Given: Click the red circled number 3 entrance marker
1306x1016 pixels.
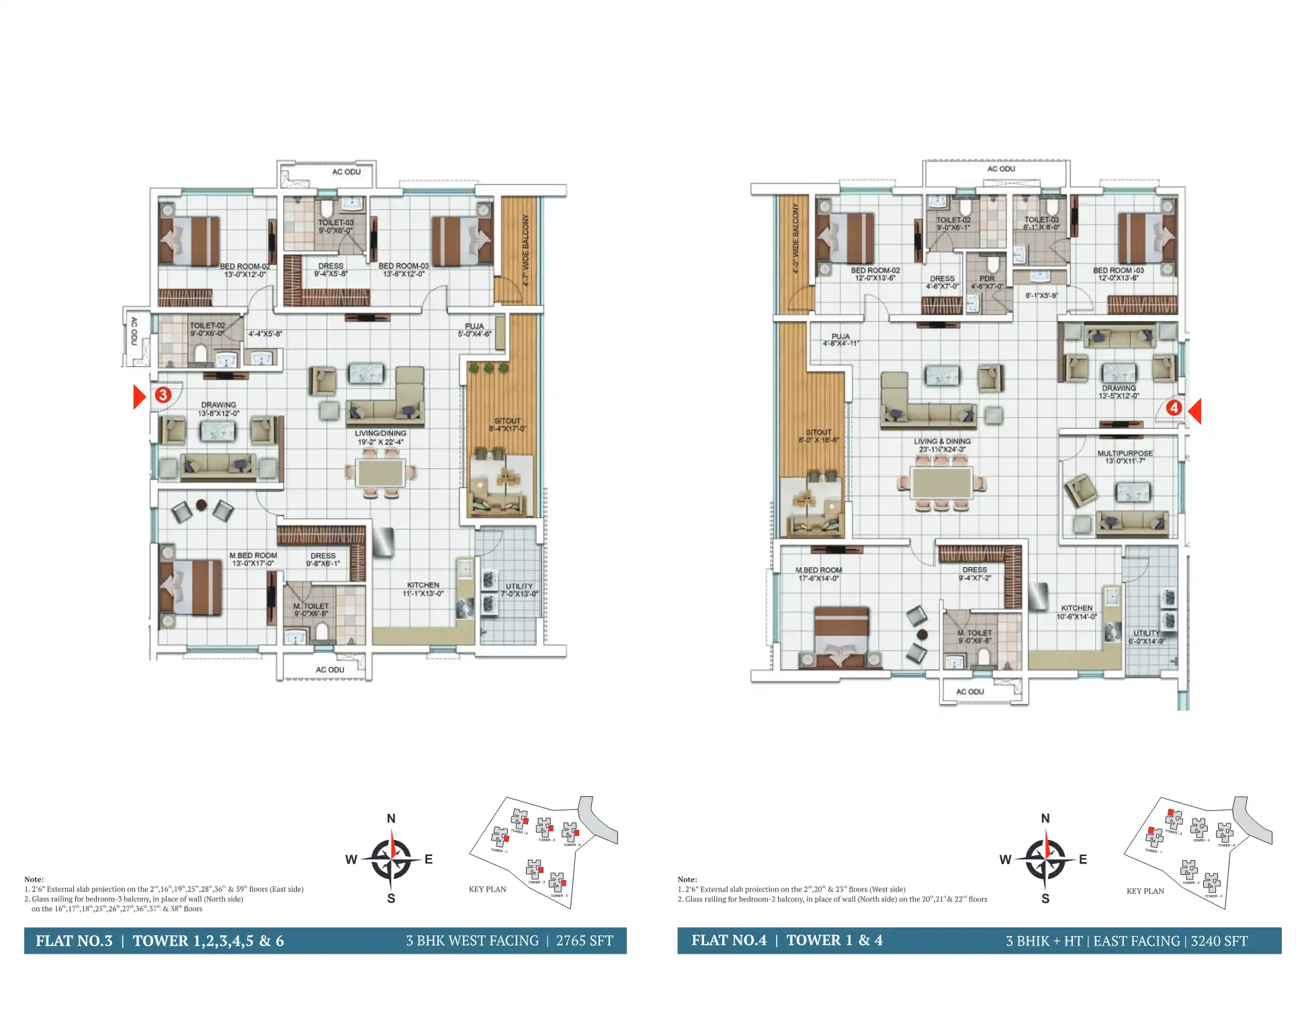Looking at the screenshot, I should pos(163,394).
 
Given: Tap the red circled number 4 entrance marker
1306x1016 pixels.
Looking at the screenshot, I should pos(1173,408).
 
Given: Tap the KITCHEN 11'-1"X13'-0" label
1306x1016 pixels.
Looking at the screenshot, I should pos(423,589).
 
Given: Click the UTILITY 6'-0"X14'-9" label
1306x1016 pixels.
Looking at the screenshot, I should pos(1146,637).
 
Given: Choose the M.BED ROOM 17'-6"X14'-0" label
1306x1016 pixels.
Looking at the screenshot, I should pos(818,574).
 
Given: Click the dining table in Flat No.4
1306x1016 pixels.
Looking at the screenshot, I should pos(941,483).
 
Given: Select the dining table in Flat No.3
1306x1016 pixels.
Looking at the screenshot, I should pos(381,473).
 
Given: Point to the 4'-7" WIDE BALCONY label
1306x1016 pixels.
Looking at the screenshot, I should pos(525,250).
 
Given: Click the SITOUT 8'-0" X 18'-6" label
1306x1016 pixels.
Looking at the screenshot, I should pos(818,436).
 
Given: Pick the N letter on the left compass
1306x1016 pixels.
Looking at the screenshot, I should pos(391,818).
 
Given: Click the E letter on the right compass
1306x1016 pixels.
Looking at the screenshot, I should pos(1082,859).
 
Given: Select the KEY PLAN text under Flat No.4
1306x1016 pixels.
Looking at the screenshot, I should pos(1145,891).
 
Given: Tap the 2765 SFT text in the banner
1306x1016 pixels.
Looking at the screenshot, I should pos(584,941).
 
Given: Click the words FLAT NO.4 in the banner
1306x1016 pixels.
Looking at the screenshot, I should pos(729,940).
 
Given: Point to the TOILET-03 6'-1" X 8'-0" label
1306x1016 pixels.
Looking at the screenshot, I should pos(1041,223).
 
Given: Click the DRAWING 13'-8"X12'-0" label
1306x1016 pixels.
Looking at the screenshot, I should pos(218,409).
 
